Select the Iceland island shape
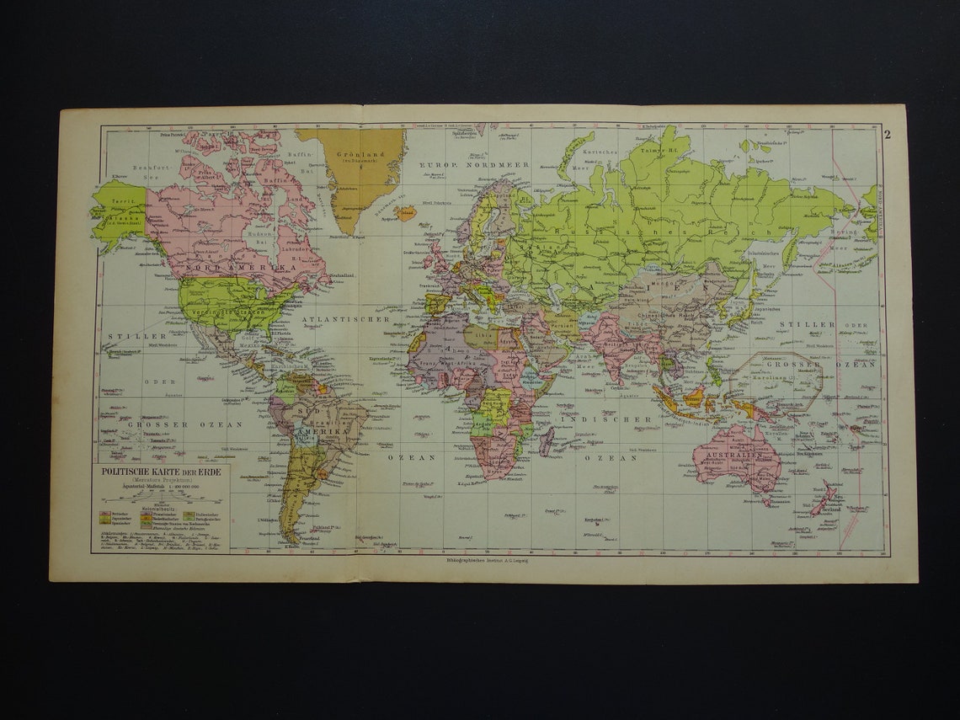pyautogui.click(x=405, y=212)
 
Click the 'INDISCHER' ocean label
pyautogui.click(x=618, y=419)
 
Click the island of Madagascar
pyautogui.click(x=546, y=440)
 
